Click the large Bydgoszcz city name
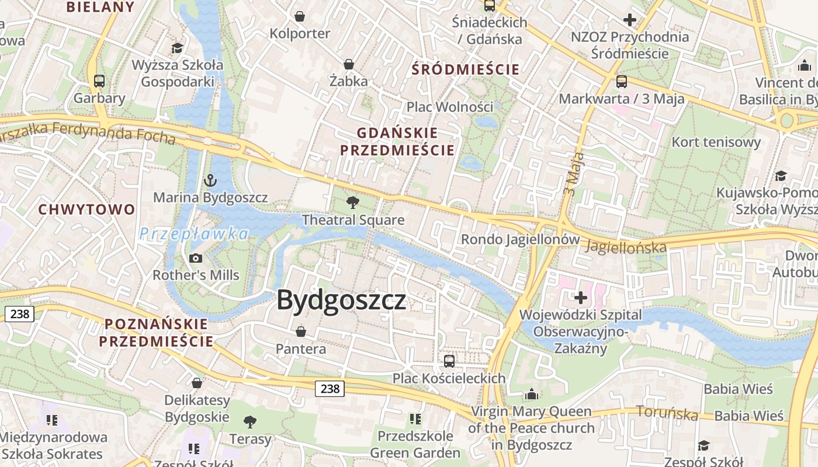[341, 300]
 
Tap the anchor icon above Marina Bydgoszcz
[210, 180]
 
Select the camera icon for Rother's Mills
[196, 258]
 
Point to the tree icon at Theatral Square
[352, 203]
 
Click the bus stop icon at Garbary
[99, 81]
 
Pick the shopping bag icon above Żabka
[349, 64]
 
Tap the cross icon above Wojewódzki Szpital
[580, 298]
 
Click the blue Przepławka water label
[194, 234]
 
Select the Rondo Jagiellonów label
[521, 239]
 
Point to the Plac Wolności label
[450, 107]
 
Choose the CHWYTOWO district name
[86, 209]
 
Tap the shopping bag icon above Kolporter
[300, 16]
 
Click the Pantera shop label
[301, 349]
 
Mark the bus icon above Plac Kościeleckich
[449, 361]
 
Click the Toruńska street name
[667, 413]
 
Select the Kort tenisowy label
[716, 142]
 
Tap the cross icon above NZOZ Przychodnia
[629, 20]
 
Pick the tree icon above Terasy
[250, 421]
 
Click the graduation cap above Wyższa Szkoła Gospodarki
[177, 48]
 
